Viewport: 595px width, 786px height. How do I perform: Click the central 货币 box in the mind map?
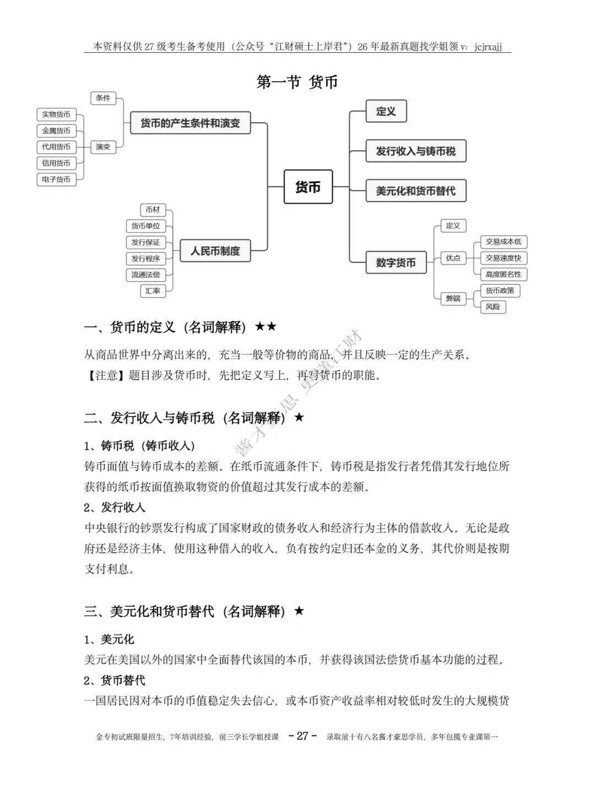point(308,187)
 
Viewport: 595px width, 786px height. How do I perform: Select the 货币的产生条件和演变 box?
point(190,123)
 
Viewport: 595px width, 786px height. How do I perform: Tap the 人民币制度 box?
point(215,251)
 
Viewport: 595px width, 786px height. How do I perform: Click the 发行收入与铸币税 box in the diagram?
point(416,151)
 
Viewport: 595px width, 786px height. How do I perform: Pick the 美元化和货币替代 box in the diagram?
point(416,191)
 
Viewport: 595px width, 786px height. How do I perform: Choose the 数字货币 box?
point(396,262)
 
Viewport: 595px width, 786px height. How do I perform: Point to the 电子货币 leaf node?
point(56,179)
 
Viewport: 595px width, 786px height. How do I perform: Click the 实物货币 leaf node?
point(56,114)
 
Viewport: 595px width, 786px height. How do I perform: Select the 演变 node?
point(103,147)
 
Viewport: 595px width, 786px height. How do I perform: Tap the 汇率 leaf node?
point(153,290)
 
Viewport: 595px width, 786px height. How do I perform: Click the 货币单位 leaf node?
point(145,226)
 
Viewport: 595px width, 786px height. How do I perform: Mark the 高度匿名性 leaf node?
point(503,274)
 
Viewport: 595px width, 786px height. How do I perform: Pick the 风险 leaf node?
point(493,306)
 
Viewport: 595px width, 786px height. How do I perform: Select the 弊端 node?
point(453,298)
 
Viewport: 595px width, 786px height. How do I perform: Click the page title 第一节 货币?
point(297,82)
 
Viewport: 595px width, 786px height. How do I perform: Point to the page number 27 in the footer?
point(302,736)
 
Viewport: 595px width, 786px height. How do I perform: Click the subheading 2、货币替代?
point(115,680)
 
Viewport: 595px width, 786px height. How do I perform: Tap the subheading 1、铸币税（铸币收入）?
point(139,445)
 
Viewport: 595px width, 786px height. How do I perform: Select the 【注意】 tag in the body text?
point(106,375)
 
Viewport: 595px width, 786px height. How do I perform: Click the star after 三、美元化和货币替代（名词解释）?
point(299,611)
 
